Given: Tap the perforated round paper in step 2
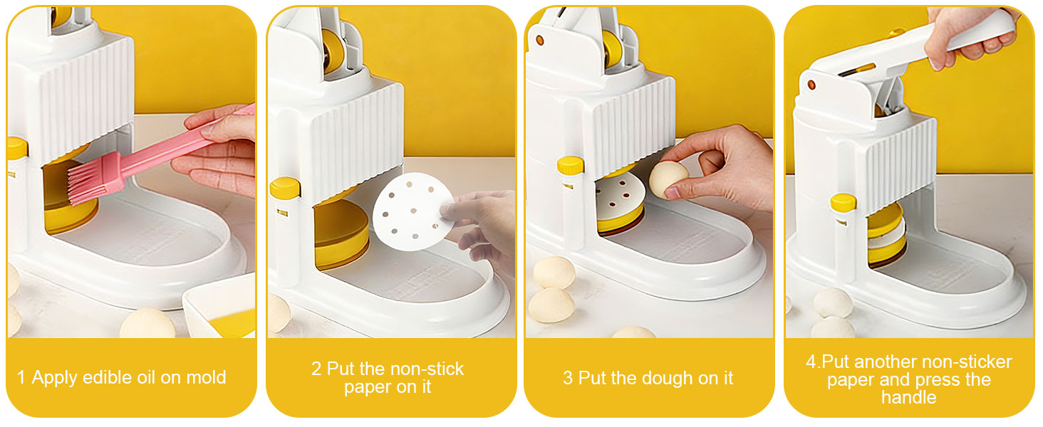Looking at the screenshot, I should click(x=413, y=210).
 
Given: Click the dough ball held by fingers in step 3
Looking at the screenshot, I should click(x=668, y=179).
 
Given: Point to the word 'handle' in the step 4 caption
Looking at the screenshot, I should click(x=909, y=396).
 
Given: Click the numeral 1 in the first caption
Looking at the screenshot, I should click(x=21, y=377).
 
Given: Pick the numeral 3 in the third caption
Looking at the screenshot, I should click(x=567, y=378).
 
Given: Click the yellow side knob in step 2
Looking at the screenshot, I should click(x=285, y=188).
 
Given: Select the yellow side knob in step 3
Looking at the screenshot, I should click(x=570, y=165).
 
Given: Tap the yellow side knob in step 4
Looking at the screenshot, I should click(x=843, y=202).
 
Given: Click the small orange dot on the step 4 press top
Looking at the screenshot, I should click(x=811, y=85).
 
